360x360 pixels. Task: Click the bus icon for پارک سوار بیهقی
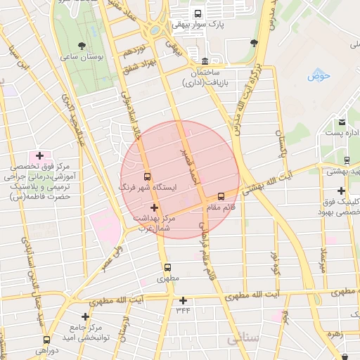(198, 13)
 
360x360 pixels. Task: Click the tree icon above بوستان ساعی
(83, 45)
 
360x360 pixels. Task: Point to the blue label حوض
(319, 76)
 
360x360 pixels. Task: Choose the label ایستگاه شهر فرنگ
(149, 188)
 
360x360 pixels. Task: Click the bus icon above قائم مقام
(221, 196)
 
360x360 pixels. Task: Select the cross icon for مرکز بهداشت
(155, 207)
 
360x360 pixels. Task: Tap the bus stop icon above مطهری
(167, 267)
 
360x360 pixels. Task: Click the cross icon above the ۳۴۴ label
(183, 300)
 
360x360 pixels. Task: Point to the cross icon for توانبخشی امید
(86, 317)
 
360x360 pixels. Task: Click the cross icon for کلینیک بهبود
(341, 191)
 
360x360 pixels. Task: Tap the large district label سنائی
(243, 339)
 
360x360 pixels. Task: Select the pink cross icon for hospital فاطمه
(39, 155)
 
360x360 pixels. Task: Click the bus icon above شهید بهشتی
(347, 160)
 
